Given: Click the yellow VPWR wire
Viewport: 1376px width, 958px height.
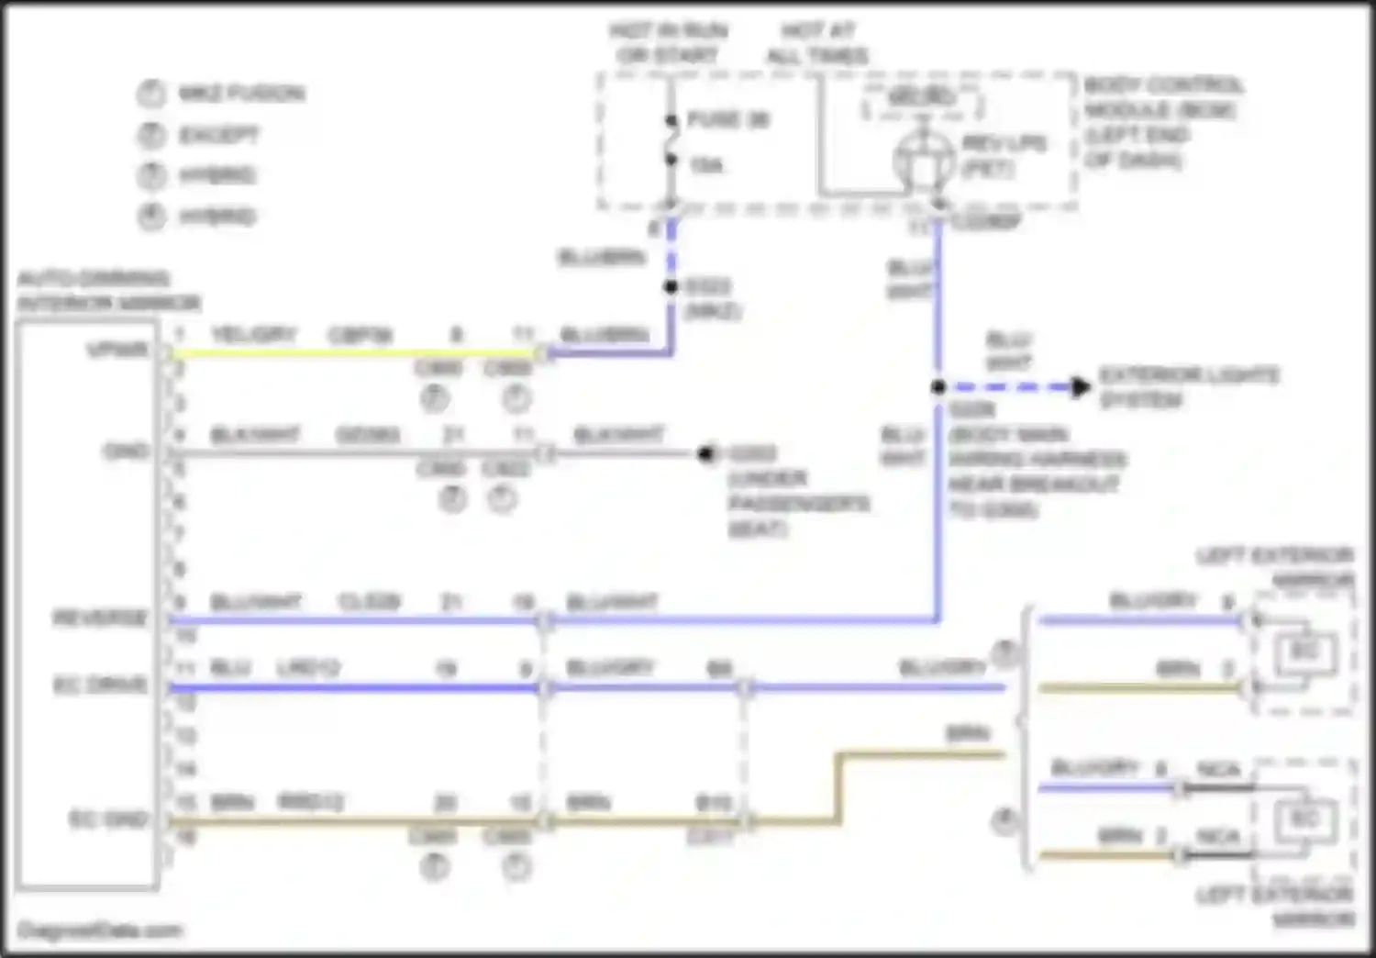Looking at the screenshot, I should tap(349, 353).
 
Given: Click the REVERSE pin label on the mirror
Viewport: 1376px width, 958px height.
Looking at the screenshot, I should tap(100, 618).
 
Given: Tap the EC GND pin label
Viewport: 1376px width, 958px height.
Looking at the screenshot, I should tap(108, 819).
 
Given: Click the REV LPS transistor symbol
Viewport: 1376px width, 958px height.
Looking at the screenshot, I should tap(923, 162).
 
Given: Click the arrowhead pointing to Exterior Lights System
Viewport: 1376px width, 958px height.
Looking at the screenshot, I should tap(1082, 387).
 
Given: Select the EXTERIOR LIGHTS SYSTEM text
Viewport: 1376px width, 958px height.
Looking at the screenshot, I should tap(1189, 387).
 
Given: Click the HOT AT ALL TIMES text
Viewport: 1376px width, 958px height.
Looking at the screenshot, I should tap(816, 43).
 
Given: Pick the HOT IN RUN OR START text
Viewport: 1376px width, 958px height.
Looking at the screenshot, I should tap(668, 43).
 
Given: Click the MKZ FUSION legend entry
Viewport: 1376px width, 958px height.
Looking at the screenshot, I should tap(241, 93).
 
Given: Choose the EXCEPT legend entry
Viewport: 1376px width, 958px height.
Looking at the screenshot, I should tap(219, 135).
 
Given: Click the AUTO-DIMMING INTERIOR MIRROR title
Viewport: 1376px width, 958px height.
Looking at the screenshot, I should tap(108, 290).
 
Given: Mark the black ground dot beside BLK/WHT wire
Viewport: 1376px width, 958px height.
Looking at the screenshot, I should tap(705, 453).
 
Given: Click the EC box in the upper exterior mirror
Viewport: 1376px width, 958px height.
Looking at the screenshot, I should tap(1304, 652).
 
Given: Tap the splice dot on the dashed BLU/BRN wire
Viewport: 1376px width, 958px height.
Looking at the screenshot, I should tap(671, 287).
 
